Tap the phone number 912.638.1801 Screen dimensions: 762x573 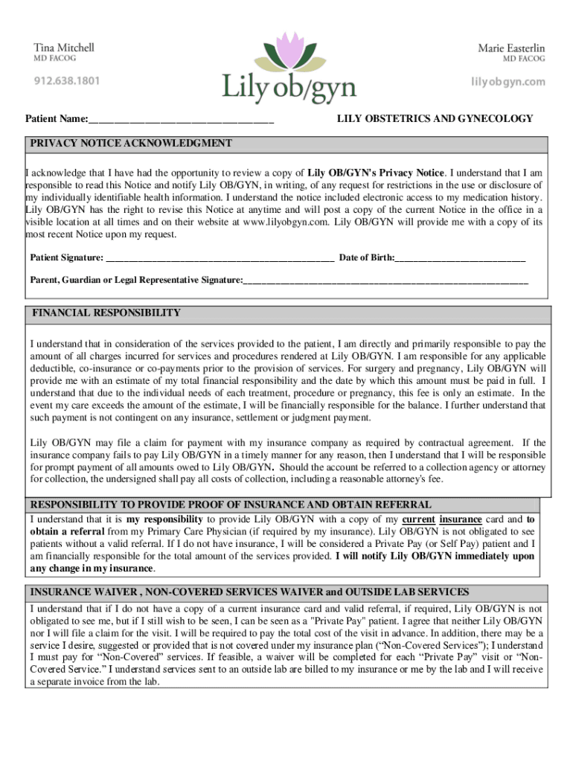coord(66,80)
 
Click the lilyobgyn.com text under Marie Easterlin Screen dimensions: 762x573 coord(508,81)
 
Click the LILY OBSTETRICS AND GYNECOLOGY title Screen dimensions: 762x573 coord(435,118)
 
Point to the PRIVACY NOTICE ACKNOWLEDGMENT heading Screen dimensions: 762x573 coord(131,143)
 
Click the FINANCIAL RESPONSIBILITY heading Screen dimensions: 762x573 coord(106,313)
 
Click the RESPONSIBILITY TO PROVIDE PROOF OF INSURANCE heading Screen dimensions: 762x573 coord(230,504)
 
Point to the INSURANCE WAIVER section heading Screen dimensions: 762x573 coord(249,592)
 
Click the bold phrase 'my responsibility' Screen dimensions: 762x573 coord(164,519)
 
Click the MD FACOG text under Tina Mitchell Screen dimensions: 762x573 coord(55,59)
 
